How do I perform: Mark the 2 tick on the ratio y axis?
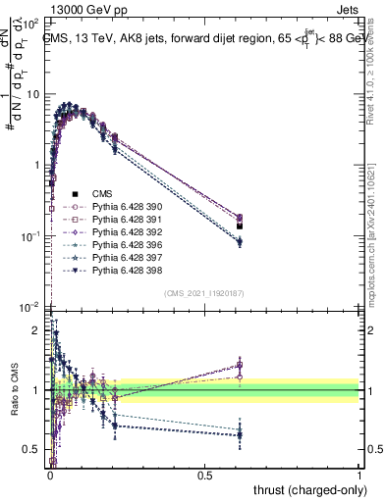coord(37,330)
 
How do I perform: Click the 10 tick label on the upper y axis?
coord(34,95)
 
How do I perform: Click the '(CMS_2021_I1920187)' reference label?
coord(204,293)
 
